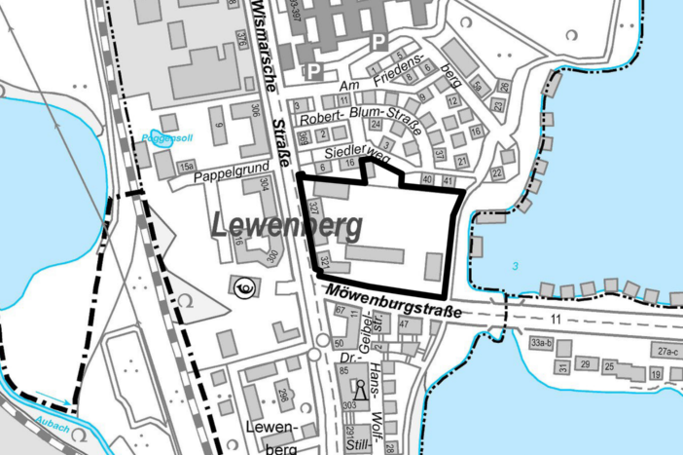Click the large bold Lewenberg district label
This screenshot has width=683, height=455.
[x=285, y=226]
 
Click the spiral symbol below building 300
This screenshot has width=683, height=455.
[x=243, y=287]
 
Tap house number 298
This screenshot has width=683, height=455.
[x=282, y=395]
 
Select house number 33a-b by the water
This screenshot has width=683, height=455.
[x=542, y=343]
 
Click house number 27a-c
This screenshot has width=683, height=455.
[x=665, y=351]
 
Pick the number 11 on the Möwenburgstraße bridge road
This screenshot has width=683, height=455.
[x=556, y=319]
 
